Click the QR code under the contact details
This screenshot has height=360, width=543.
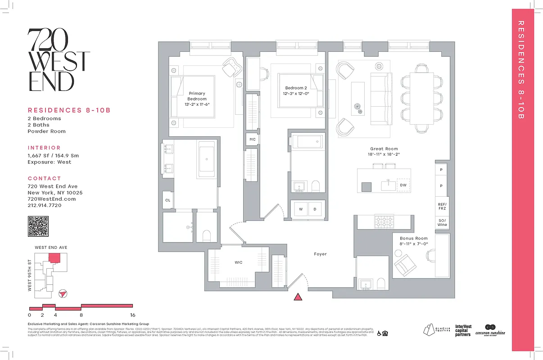38,226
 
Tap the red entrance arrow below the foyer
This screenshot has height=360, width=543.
298,297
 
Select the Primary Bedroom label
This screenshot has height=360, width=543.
197,96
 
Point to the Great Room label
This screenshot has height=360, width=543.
384,148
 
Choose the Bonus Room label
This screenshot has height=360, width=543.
413,238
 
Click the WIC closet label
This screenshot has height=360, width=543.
238,262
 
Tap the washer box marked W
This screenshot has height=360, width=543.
300,210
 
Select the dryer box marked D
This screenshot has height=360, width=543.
315,210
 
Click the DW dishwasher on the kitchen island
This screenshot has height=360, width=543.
403,185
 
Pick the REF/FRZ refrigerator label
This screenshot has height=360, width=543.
442,206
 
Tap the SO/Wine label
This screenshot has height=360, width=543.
442,222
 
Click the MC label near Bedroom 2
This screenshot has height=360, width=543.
253,139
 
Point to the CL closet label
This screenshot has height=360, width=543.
167,200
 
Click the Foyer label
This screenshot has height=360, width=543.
320,254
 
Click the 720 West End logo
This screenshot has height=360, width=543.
59,60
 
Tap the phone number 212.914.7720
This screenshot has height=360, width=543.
45,205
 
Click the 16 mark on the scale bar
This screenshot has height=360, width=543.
132,315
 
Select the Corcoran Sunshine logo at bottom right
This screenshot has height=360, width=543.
490,330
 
